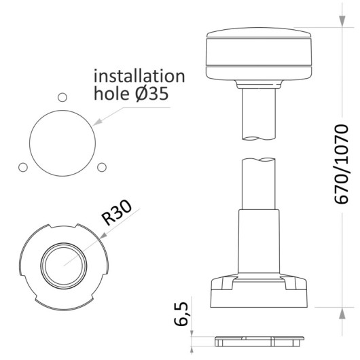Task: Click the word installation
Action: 139,76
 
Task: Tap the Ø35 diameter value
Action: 151,94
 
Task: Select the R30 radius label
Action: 117,213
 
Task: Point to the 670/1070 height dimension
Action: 342,164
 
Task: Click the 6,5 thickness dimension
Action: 181,314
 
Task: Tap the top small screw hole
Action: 62,97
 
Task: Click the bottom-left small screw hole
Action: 23,167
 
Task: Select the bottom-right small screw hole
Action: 102,167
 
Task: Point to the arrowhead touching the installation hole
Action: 96,122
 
